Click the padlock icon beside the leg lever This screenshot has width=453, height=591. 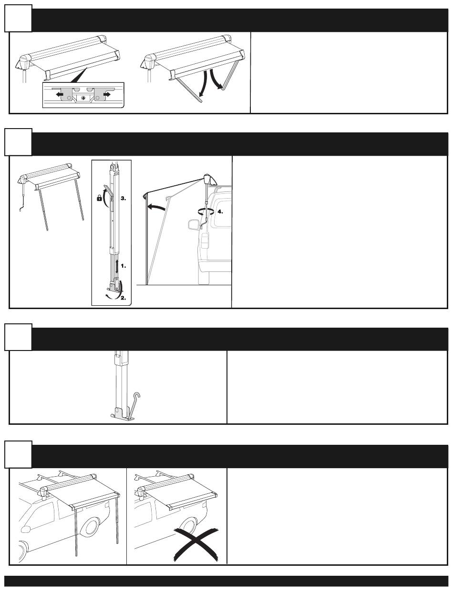click(x=99, y=198)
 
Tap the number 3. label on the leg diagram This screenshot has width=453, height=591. click(x=124, y=198)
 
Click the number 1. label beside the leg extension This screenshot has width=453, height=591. click(x=124, y=266)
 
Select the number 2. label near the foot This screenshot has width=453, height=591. click(x=124, y=298)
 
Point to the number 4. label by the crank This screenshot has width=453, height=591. click(x=220, y=211)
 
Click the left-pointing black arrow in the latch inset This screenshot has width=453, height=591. click(x=60, y=95)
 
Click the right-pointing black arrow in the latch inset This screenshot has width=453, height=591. click(x=106, y=94)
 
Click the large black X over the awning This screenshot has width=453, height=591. click(x=196, y=545)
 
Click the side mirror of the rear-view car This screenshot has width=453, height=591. click(x=194, y=225)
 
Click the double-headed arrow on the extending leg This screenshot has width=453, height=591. click(x=117, y=267)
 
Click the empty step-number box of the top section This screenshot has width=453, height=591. click(x=18, y=18)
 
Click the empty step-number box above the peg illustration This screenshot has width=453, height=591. click(x=18, y=337)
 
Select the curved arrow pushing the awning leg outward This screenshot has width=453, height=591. click(x=156, y=208)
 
